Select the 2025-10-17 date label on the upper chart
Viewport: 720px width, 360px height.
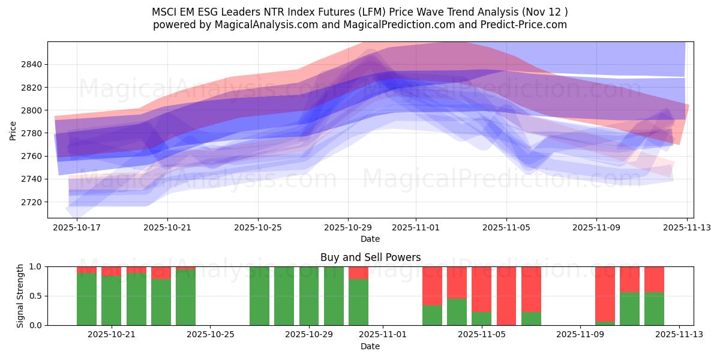tap(77, 228)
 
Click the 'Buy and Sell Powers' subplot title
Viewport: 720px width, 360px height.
tap(370, 257)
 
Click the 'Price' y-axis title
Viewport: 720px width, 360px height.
tap(13, 130)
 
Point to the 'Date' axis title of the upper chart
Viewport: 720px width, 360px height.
tap(370, 239)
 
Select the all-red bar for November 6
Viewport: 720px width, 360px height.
tap(506, 296)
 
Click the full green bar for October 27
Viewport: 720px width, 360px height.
tap(259, 296)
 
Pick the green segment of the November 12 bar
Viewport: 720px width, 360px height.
tap(654, 308)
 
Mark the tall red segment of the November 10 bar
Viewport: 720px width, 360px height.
tap(605, 294)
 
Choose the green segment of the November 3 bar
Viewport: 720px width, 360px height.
tap(432, 315)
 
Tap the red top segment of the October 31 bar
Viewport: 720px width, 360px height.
tap(358, 272)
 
